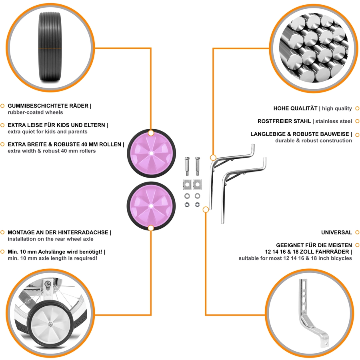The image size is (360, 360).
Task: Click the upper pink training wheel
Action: tap(152, 153)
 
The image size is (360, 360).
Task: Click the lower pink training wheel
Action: tap(151, 206)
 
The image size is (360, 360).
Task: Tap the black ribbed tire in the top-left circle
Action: tap(50, 47)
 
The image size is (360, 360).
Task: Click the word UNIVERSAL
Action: tap(336, 232)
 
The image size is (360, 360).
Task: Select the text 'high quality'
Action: tap(337, 108)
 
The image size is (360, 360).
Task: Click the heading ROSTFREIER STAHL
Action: tap(284, 121)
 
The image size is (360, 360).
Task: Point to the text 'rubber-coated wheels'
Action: tap(35, 112)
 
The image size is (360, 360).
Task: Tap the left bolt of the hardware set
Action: tap(187, 166)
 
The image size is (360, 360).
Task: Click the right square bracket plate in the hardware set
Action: tap(198, 184)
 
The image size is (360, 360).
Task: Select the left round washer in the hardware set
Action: tap(187, 196)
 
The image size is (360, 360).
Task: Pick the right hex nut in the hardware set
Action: tap(197, 204)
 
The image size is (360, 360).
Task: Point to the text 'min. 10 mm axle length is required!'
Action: tap(52, 258)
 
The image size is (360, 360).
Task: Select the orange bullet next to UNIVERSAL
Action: tap(357, 232)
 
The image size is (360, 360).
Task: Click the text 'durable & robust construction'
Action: tap(314, 140)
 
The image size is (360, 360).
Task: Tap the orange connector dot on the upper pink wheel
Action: tap(151, 133)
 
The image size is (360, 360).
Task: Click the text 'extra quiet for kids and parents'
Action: tap(48, 132)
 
